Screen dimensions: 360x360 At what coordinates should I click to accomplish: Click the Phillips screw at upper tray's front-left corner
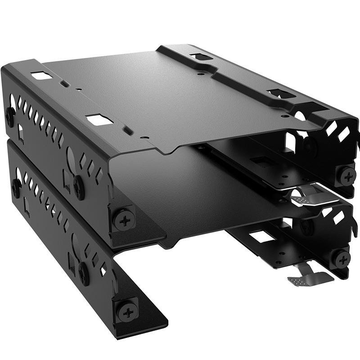[123, 218]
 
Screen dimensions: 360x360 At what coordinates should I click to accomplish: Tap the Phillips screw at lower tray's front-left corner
[127, 311]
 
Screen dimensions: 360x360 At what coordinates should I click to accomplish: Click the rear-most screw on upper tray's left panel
[10, 115]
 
